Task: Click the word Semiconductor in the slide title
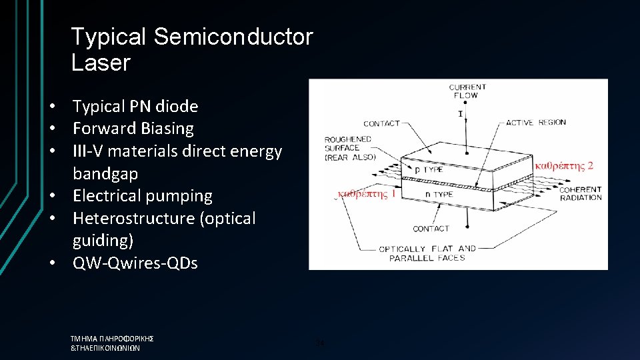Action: [x=233, y=37]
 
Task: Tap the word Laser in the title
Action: [x=100, y=63]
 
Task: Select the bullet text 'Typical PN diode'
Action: [x=135, y=106]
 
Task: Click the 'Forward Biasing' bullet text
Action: [x=133, y=128]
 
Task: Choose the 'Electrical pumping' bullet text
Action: [x=143, y=196]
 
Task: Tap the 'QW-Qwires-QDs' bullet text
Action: [x=135, y=263]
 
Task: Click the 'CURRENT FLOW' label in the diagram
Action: [x=467, y=91]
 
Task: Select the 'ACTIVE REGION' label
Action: [x=536, y=123]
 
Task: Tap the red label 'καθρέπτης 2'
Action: [x=564, y=165]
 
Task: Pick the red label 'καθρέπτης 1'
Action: [x=367, y=194]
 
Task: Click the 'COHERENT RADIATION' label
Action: [x=581, y=193]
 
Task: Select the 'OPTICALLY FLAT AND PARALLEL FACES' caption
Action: [x=427, y=253]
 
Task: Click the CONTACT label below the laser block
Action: [x=431, y=229]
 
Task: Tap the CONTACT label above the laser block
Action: [x=381, y=123]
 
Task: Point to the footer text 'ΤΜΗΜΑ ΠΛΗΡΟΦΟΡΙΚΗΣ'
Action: [x=112, y=339]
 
